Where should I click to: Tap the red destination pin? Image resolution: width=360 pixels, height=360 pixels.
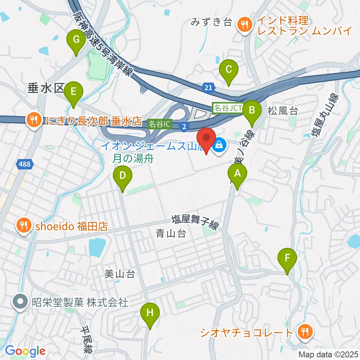tap(207, 139)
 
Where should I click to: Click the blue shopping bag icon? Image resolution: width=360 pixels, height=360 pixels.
tap(219, 144)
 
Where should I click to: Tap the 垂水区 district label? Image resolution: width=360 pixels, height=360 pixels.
tap(41, 88)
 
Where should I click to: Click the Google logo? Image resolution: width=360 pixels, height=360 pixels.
tap(25, 351)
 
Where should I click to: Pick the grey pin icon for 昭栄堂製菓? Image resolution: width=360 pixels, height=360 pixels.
tap(18, 301)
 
